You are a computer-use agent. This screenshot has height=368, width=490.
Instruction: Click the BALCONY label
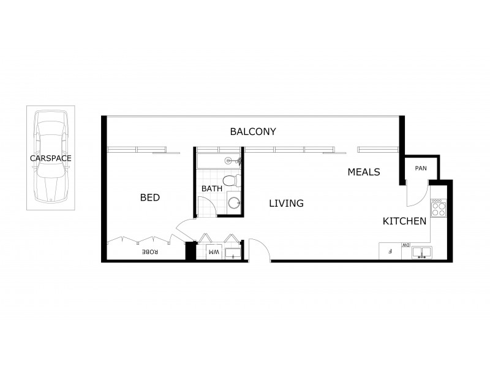[x=253, y=131]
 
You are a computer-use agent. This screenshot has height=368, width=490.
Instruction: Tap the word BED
[x=150, y=197]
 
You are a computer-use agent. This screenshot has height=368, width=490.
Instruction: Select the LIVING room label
[x=286, y=203]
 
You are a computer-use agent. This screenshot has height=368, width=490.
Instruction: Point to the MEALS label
[x=364, y=172]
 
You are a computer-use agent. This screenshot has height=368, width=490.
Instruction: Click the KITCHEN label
[x=404, y=221]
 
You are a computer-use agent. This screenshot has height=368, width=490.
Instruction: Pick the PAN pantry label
[x=421, y=168]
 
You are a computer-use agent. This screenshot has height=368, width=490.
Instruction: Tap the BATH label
[x=212, y=189]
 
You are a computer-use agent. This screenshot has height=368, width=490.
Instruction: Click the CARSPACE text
[x=51, y=158]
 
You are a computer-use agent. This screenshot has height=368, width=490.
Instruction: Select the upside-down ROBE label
[x=150, y=252]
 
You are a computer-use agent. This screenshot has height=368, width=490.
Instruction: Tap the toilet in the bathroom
[x=230, y=181]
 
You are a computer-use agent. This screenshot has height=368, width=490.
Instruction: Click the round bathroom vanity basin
[x=233, y=203]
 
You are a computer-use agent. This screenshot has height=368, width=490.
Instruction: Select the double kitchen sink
[x=421, y=251]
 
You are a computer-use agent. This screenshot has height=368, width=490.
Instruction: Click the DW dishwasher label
[x=405, y=245]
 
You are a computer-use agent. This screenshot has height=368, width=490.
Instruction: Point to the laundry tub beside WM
[x=232, y=253]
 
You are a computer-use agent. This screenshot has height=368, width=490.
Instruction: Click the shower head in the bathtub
[x=228, y=161]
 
